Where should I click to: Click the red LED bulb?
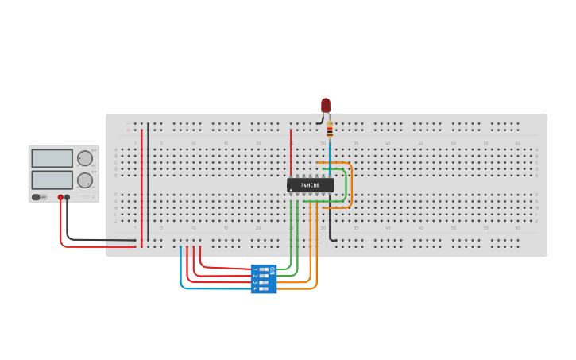(326, 105)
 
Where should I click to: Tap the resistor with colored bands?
(330, 130)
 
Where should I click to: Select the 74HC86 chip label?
(310, 185)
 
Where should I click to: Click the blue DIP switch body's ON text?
(272, 271)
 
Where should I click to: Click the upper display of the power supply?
(52, 158)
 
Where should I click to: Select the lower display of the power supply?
(52, 180)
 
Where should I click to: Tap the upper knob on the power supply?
(84, 158)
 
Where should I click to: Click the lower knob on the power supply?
(84, 180)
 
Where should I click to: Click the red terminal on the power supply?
(60, 197)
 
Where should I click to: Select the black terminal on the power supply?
(68, 197)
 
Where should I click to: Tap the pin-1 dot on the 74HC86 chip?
(291, 190)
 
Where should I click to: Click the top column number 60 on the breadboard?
(518, 143)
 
